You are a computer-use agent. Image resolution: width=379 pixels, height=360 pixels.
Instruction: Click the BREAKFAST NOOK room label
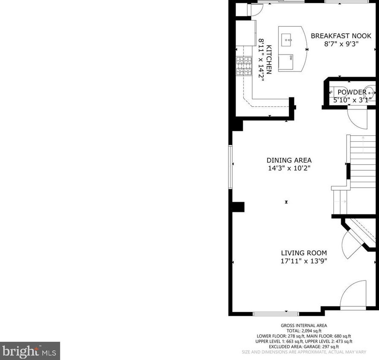[x=341, y=36]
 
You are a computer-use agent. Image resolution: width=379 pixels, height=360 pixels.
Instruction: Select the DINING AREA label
[x=289, y=160]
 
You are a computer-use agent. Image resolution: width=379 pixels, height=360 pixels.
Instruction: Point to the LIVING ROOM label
[x=303, y=253]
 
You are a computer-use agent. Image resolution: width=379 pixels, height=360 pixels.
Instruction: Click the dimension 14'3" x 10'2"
[x=289, y=169]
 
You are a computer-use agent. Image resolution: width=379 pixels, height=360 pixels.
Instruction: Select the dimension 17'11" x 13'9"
[x=303, y=261]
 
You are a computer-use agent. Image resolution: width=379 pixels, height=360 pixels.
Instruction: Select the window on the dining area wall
[x=230, y=167]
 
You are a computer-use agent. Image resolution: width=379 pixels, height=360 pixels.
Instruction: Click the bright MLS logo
[x=30, y=351]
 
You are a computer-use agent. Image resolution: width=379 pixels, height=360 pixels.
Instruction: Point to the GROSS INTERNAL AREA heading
[x=303, y=326]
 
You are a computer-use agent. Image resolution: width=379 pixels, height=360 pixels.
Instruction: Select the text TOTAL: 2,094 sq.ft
[x=303, y=331]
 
